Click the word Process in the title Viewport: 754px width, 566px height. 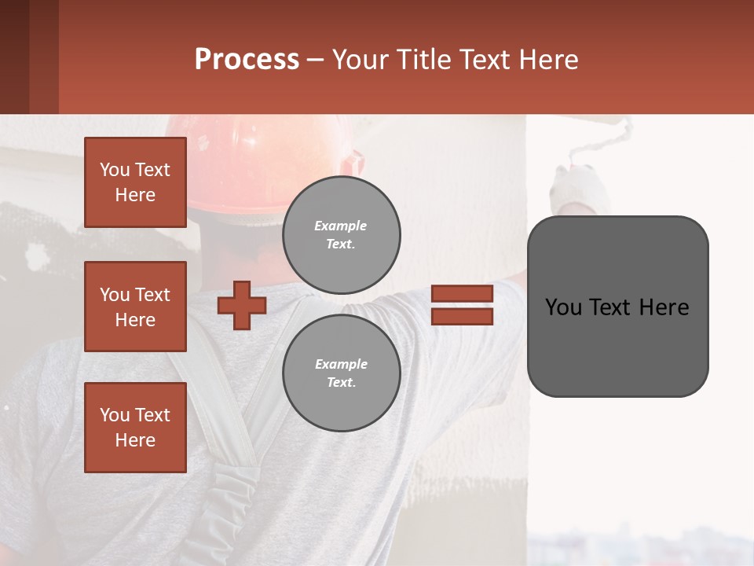pos(247,60)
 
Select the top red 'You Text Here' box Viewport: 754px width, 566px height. pos(135,182)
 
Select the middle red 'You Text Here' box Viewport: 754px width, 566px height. pos(135,307)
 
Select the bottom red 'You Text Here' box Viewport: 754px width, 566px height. pos(135,428)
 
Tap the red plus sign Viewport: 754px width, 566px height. pos(241,305)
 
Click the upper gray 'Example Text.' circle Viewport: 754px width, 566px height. pos(341,235)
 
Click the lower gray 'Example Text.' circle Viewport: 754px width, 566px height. pos(341,373)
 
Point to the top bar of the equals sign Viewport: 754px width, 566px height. pos(462,294)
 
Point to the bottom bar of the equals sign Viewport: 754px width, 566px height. pos(462,317)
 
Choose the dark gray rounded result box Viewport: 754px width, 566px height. pos(617,346)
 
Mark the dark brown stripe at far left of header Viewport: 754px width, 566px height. pos(14,57)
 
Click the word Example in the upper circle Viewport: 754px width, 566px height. pos(340,226)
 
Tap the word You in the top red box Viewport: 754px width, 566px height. pos(115,170)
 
